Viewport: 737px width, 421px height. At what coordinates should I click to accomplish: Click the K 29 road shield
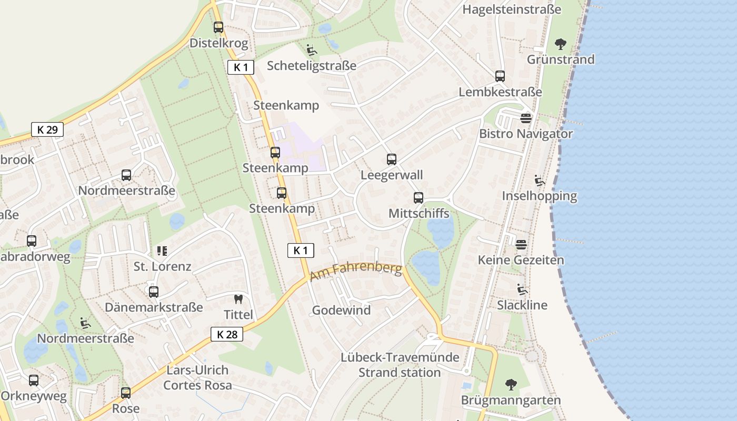(x=47, y=129)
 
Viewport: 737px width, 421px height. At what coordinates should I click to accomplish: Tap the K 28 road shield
(x=227, y=334)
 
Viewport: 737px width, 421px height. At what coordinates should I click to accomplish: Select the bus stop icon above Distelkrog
(x=218, y=27)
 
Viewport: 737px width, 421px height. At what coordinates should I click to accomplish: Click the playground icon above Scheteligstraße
(x=312, y=50)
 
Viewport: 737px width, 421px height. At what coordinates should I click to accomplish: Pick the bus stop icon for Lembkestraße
(x=500, y=76)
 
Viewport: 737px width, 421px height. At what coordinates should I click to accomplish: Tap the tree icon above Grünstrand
(x=561, y=44)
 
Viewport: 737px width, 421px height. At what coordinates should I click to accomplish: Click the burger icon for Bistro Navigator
(x=526, y=118)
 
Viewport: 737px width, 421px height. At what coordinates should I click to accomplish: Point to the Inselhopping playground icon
(x=540, y=181)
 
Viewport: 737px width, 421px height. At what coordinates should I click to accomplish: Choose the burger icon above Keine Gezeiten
(x=521, y=244)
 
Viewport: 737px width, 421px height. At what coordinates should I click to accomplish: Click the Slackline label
(x=522, y=305)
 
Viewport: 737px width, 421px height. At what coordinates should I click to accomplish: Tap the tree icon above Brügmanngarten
(x=511, y=385)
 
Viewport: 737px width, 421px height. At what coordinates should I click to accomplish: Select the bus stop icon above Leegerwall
(x=391, y=159)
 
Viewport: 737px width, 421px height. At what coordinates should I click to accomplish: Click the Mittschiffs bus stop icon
(x=419, y=198)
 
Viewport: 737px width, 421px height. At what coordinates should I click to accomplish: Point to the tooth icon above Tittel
(x=238, y=299)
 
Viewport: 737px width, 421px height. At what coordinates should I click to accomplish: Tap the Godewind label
(x=341, y=310)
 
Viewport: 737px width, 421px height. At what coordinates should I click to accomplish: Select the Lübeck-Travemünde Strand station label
(x=400, y=365)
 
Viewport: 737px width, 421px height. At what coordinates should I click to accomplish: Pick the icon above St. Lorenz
(x=162, y=251)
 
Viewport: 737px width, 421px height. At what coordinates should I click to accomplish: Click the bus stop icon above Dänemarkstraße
(x=154, y=292)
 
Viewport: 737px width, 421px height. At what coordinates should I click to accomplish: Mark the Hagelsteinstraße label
(x=512, y=9)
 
